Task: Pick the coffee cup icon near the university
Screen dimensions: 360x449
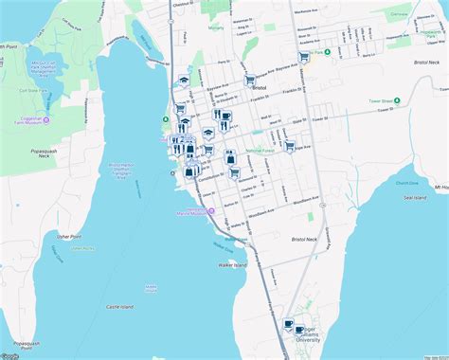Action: pos(289,324)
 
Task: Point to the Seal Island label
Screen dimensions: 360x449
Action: pos(416,197)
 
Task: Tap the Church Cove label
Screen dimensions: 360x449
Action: pos(407,183)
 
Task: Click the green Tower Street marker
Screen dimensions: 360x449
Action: pos(398,100)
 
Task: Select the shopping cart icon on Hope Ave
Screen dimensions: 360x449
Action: pos(290,147)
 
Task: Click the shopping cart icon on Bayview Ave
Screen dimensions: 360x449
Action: pos(250,81)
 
